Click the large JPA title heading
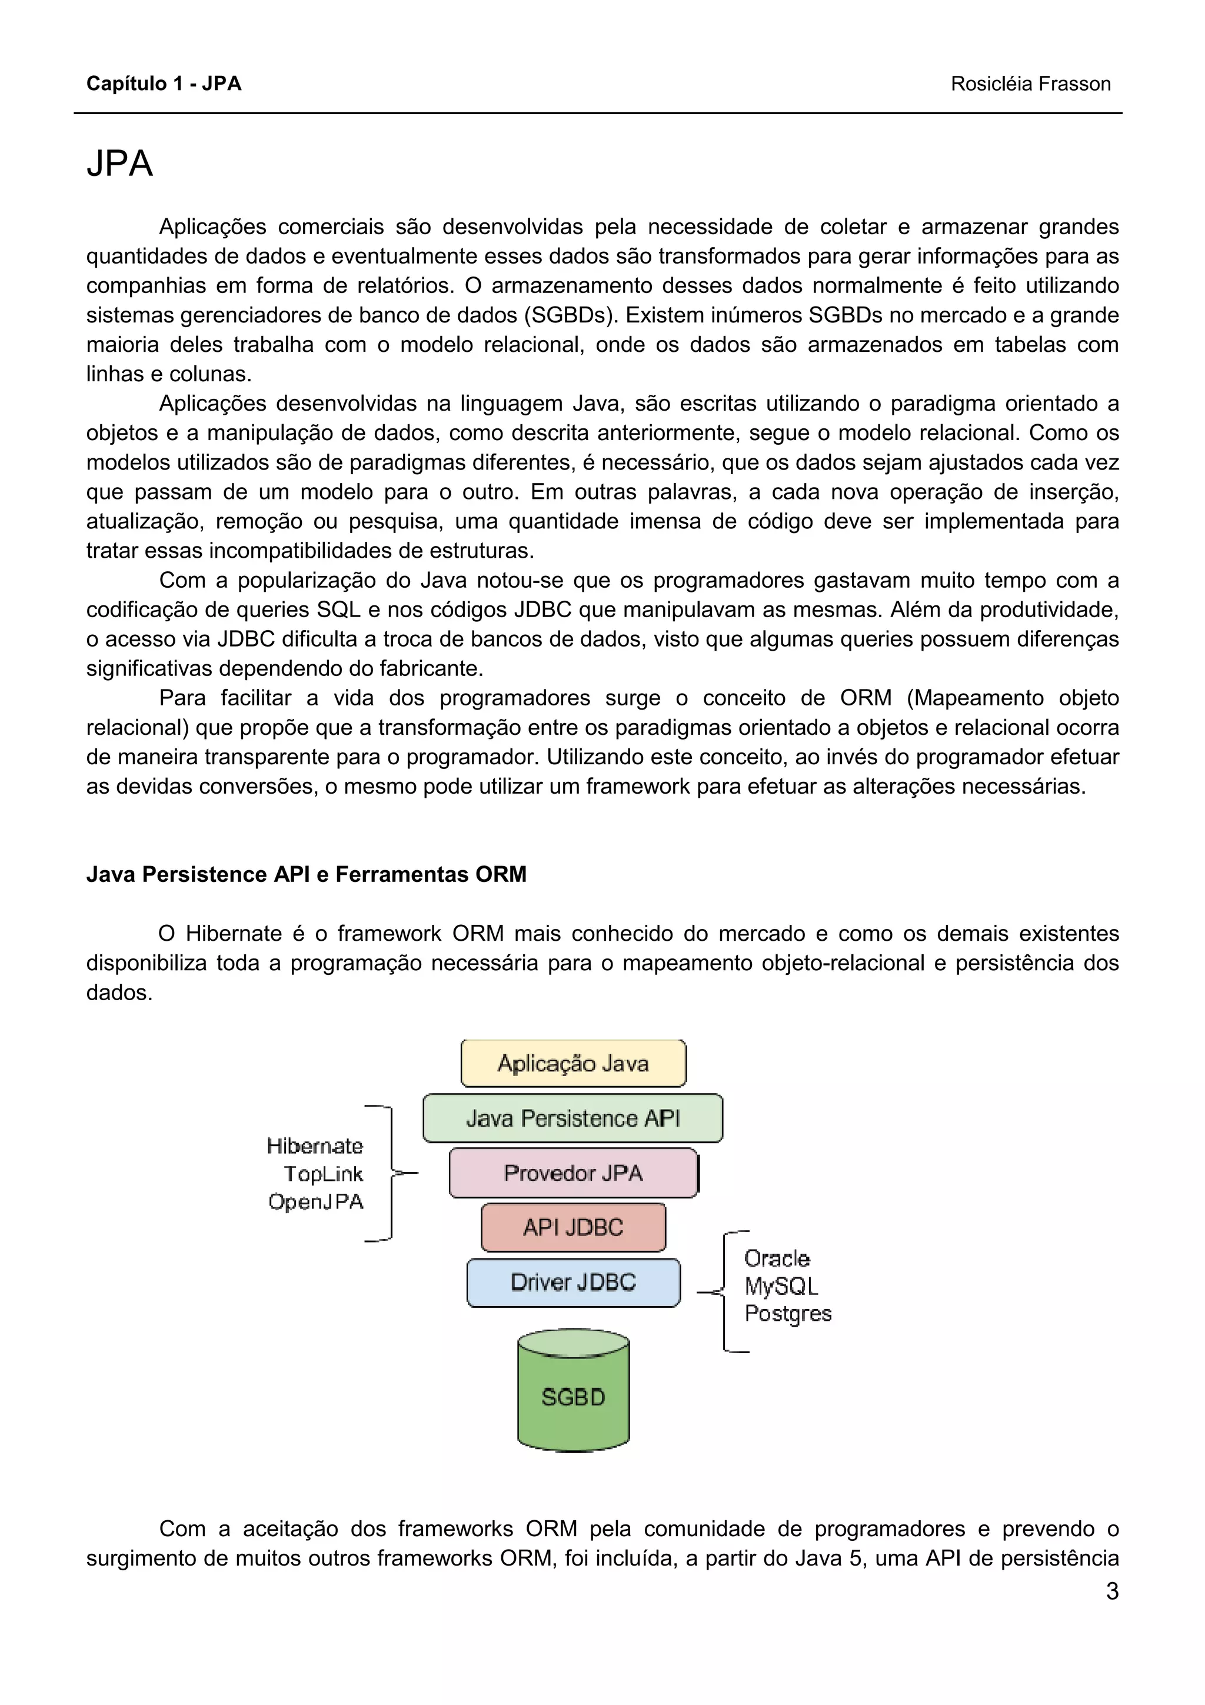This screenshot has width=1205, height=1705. [119, 164]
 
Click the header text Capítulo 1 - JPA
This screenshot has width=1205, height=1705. [164, 84]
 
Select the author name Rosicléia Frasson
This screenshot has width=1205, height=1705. [1030, 84]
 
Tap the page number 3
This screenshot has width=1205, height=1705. [1111, 1591]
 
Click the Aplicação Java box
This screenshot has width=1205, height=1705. [573, 1063]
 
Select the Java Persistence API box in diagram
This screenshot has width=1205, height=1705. [572, 1118]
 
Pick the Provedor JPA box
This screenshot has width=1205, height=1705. [572, 1173]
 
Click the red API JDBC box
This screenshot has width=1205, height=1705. [572, 1227]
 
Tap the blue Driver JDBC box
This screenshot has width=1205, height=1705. [572, 1283]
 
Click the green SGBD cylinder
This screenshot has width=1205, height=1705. [572, 1396]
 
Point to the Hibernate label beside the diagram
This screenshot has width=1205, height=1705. [315, 1146]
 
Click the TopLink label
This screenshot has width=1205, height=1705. [324, 1174]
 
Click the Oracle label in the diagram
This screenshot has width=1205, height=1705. [777, 1258]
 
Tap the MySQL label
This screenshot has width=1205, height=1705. [780, 1286]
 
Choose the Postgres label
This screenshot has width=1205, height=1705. [788, 1313]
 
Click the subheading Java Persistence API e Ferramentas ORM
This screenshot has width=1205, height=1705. [306, 874]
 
